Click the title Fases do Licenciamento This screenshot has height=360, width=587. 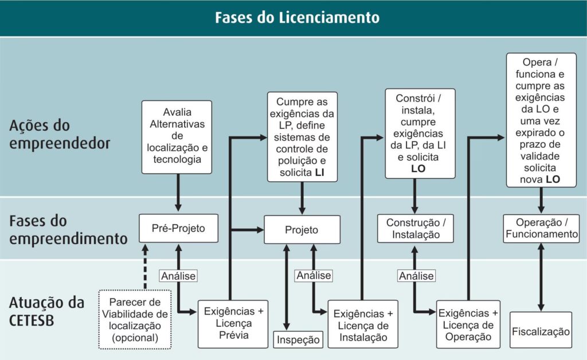click(297, 17)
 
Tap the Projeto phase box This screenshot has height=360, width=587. click(302, 230)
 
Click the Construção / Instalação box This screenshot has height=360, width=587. click(416, 229)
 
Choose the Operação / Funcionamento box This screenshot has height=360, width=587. click(542, 228)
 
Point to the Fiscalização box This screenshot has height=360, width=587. click(541, 331)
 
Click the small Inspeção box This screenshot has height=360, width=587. click(298, 339)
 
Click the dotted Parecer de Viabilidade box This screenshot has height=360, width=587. click(135, 319)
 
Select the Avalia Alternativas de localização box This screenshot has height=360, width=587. click(177, 137)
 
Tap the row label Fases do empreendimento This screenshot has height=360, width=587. click(68, 229)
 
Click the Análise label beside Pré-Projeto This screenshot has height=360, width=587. click(178, 276)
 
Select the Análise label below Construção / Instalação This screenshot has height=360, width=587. click(416, 276)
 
